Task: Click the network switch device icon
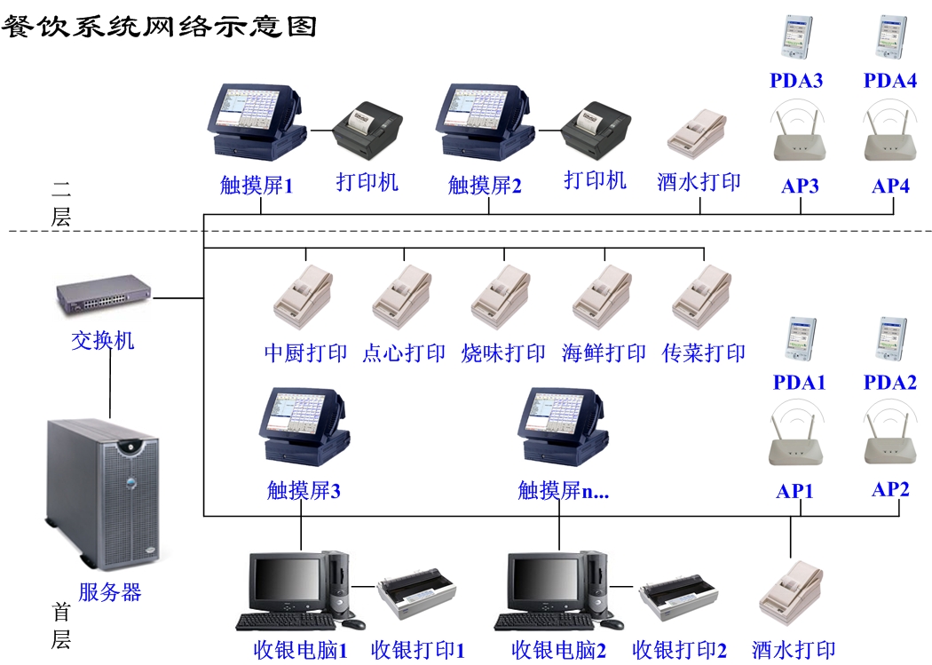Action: coord(104,296)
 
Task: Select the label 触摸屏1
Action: coord(257,186)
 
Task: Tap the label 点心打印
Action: coord(404,352)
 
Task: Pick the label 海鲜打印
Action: coord(604,352)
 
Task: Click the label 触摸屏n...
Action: coord(563,490)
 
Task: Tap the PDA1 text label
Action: coord(799,383)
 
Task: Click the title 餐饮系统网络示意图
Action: coord(160,25)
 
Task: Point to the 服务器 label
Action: coord(110,592)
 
